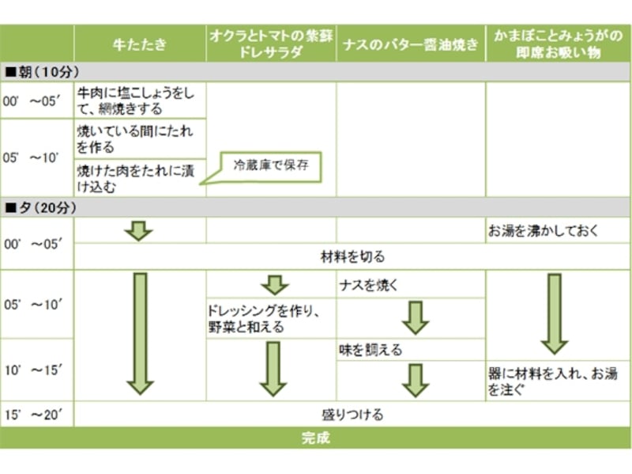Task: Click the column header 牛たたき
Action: pyautogui.click(x=140, y=44)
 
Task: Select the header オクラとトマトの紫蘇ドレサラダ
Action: pyautogui.click(x=271, y=44)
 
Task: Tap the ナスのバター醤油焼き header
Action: pyautogui.click(x=411, y=44)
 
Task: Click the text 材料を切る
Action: pyautogui.click(x=352, y=256)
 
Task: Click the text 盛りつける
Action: pyautogui.click(x=352, y=414)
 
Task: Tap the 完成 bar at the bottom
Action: pyautogui.click(x=316, y=438)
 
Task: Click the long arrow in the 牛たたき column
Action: pyautogui.click(x=140, y=333)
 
